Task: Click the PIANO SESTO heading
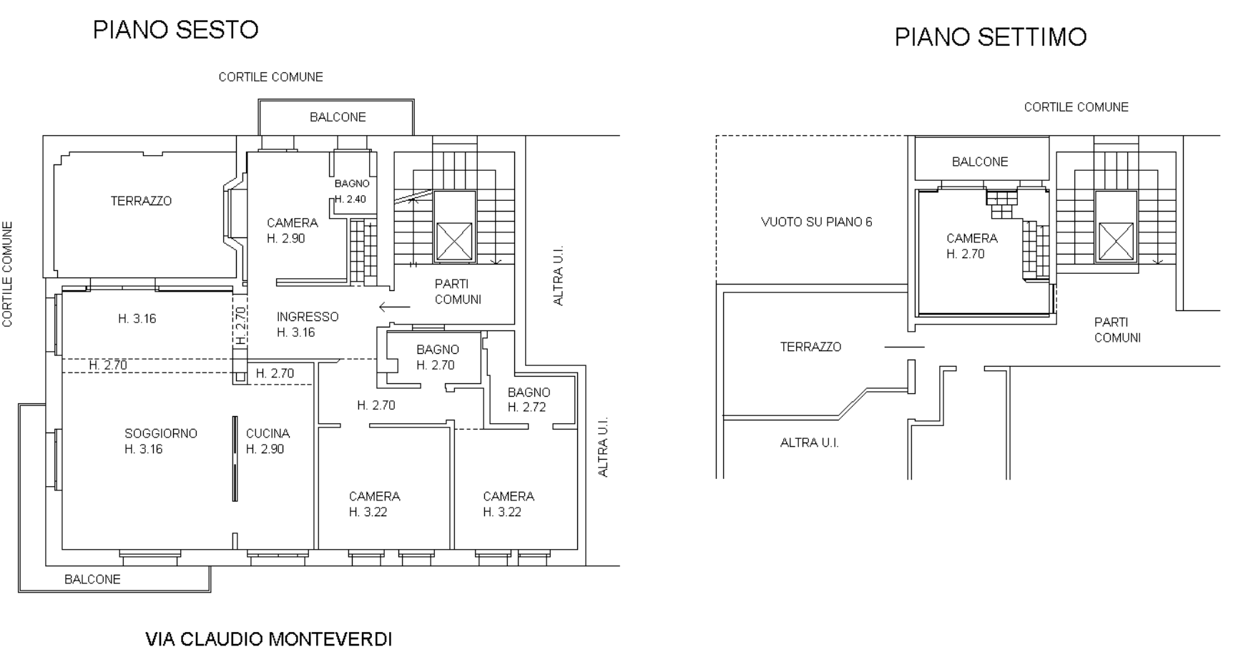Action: click(176, 30)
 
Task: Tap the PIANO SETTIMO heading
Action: click(991, 37)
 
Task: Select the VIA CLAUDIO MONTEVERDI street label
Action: click(269, 639)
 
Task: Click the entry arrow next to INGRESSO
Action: click(395, 307)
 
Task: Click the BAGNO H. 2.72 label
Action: click(529, 400)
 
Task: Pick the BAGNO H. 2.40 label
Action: click(351, 192)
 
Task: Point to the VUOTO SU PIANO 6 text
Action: click(816, 222)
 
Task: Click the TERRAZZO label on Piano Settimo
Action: click(810, 347)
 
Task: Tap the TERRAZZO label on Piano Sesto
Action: click(141, 201)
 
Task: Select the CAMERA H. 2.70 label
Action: click(971, 246)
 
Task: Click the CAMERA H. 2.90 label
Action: click(292, 230)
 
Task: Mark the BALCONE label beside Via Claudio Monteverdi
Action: click(92, 579)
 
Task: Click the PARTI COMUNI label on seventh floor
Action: click(1117, 330)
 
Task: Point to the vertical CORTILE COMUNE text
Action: click(8, 275)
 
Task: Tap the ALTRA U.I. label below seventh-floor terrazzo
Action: click(809, 443)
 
